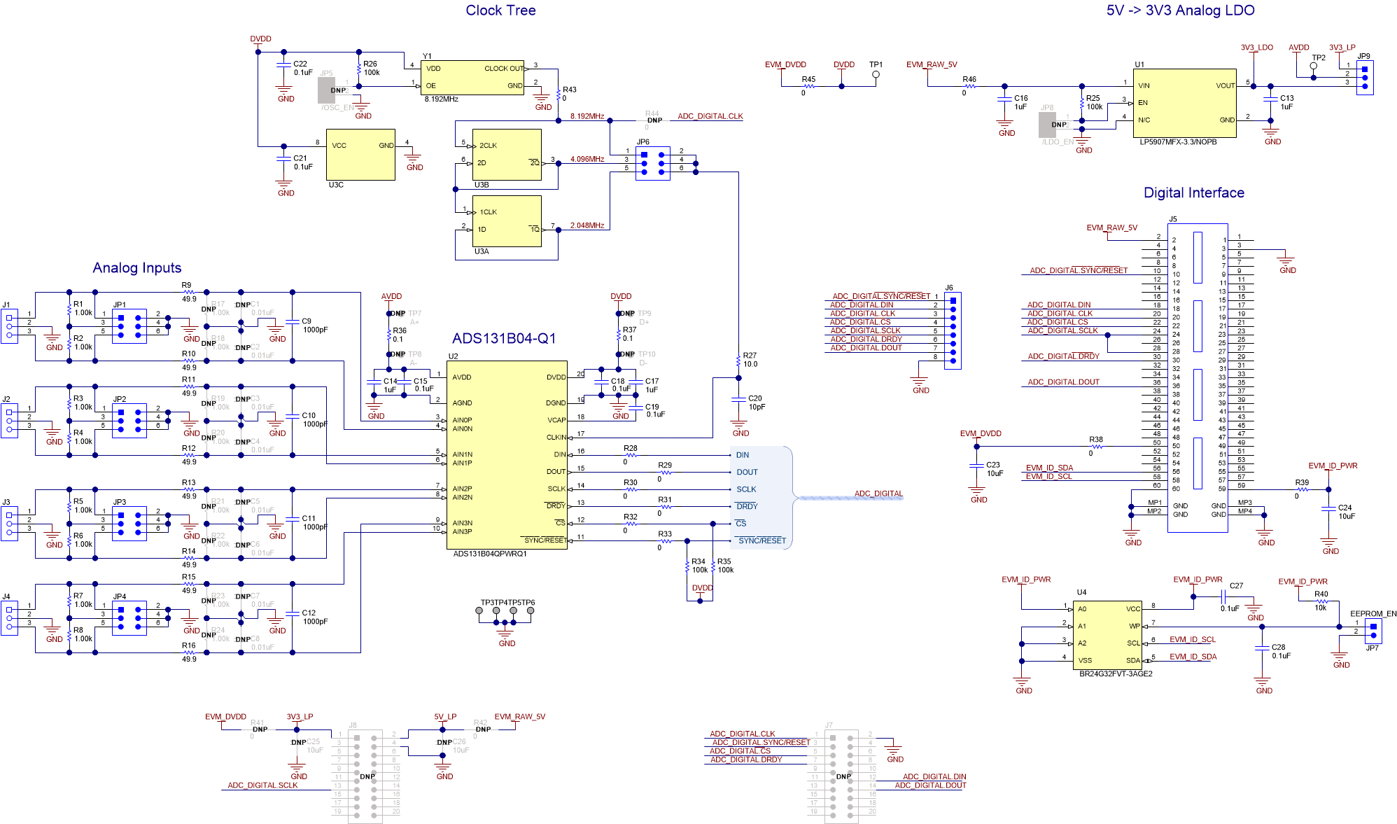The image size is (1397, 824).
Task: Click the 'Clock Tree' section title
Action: point(500,11)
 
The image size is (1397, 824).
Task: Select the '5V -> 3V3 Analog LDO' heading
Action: point(1180,11)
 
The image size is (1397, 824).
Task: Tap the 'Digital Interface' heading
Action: point(1193,193)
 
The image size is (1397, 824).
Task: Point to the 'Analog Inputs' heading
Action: point(137,267)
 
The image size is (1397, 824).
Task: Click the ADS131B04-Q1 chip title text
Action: point(504,338)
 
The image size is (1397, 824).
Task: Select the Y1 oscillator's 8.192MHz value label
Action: point(441,99)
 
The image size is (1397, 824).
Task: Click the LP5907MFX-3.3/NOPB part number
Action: point(1178,141)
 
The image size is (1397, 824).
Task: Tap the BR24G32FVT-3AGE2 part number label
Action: point(1116,673)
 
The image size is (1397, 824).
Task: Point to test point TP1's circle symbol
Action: point(876,74)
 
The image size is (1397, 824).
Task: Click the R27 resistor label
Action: point(750,355)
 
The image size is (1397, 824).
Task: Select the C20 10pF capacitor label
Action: point(755,398)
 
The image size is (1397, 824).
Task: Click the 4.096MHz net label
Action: point(587,159)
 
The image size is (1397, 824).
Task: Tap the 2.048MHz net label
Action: point(587,225)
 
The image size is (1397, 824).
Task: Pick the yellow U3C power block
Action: point(360,155)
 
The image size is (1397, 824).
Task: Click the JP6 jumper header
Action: point(652,163)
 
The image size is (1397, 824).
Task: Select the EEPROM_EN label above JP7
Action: point(1373,613)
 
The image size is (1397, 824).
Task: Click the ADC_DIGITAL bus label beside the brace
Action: point(878,494)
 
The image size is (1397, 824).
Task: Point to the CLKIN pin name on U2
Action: point(556,437)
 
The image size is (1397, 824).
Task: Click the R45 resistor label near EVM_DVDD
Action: point(808,79)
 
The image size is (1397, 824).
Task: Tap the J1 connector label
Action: point(6,305)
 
